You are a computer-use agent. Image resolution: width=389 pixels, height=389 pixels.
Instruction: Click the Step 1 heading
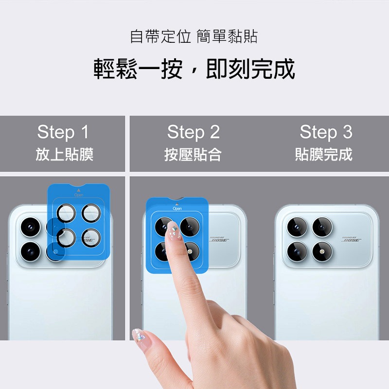tap(63, 132)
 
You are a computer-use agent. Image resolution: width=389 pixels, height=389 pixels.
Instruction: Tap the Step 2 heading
tap(193, 132)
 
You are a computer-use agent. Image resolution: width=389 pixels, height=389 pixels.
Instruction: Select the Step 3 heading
tap(325, 132)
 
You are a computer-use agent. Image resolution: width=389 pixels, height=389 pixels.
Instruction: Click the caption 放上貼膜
tap(64, 155)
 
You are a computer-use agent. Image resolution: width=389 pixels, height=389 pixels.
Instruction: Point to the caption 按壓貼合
tap(193, 155)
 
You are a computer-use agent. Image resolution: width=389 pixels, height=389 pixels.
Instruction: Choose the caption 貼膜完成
tap(324, 155)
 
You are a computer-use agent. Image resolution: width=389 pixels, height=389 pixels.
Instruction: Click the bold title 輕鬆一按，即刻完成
tap(194, 69)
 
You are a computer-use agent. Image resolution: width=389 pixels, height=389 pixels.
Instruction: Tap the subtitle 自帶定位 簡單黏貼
tap(194, 36)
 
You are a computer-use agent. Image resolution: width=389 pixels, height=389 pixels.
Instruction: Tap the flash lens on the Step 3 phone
tap(322, 251)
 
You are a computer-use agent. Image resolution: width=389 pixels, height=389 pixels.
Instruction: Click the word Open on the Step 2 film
tap(177, 208)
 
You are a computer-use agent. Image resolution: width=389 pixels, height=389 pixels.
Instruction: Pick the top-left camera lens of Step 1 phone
tap(30, 227)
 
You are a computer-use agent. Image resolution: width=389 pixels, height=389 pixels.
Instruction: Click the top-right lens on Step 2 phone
tap(190, 227)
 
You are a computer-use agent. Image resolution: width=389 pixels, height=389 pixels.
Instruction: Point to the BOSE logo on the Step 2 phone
tap(219, 239)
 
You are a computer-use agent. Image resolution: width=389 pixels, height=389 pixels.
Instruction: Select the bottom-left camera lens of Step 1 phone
tap(30, 251)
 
